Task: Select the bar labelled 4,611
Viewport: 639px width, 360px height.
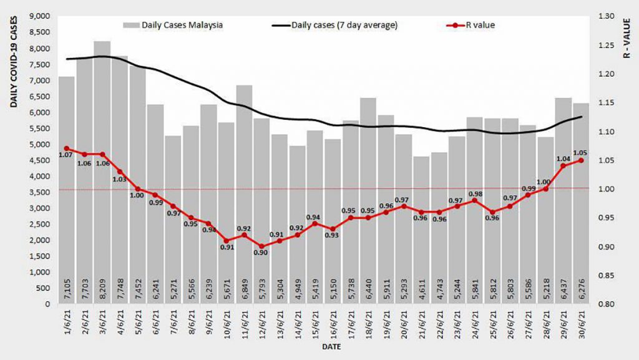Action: tap(422, 230)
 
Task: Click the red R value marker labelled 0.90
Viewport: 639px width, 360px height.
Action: tap(262, 246)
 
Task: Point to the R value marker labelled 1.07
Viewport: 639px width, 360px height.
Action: tap(67, 148)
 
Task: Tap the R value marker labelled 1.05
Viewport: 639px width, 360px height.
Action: tap(582, 160)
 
